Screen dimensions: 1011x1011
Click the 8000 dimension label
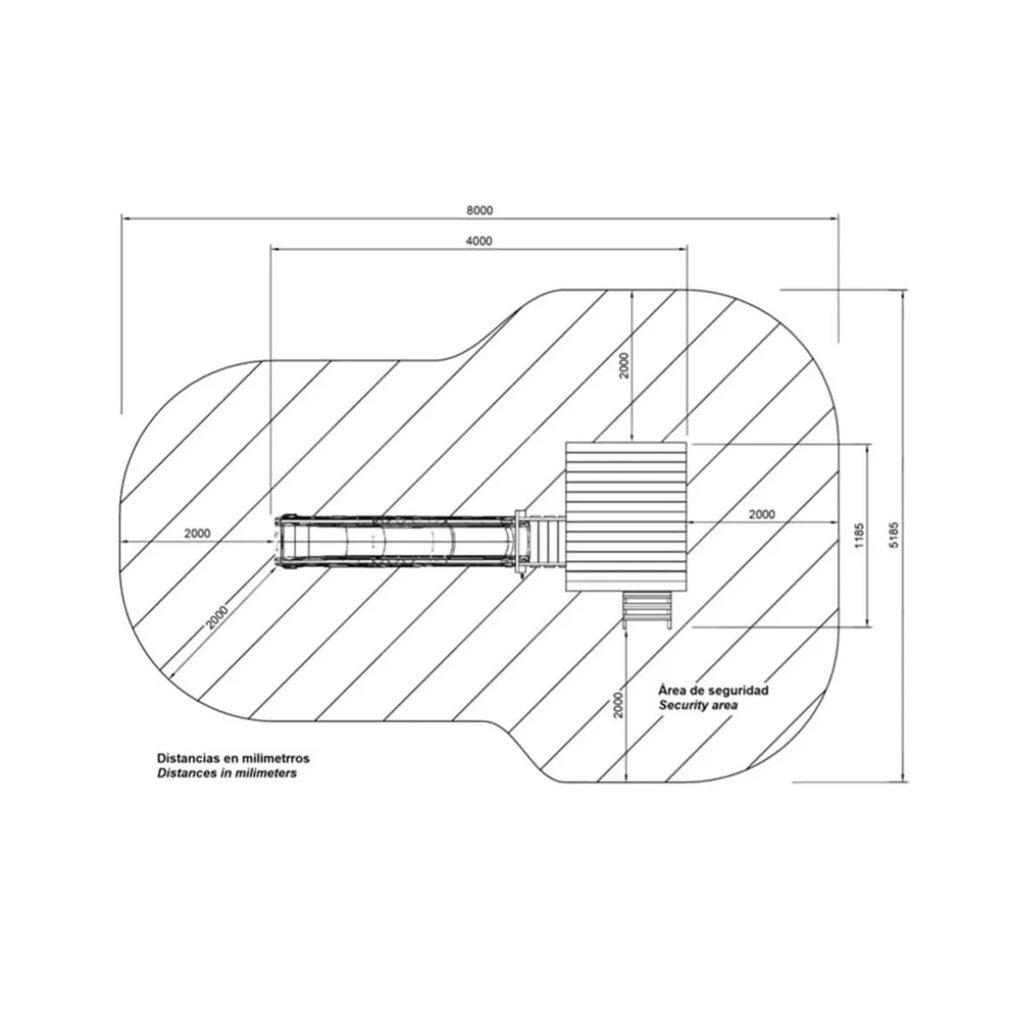point(479,210)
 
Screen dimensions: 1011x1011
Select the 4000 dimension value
point(479,241)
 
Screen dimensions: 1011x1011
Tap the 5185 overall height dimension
point(893,534)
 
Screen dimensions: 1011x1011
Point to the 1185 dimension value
point(858,535)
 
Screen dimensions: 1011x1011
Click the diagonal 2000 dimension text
point(217,618)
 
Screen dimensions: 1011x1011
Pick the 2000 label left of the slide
point(197,533)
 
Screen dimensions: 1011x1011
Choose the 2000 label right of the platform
point(762,514)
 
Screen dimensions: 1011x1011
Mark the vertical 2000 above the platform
point(624,365)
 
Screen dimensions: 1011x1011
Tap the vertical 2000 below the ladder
point(618,705)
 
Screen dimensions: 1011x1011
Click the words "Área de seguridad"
point(713,690)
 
